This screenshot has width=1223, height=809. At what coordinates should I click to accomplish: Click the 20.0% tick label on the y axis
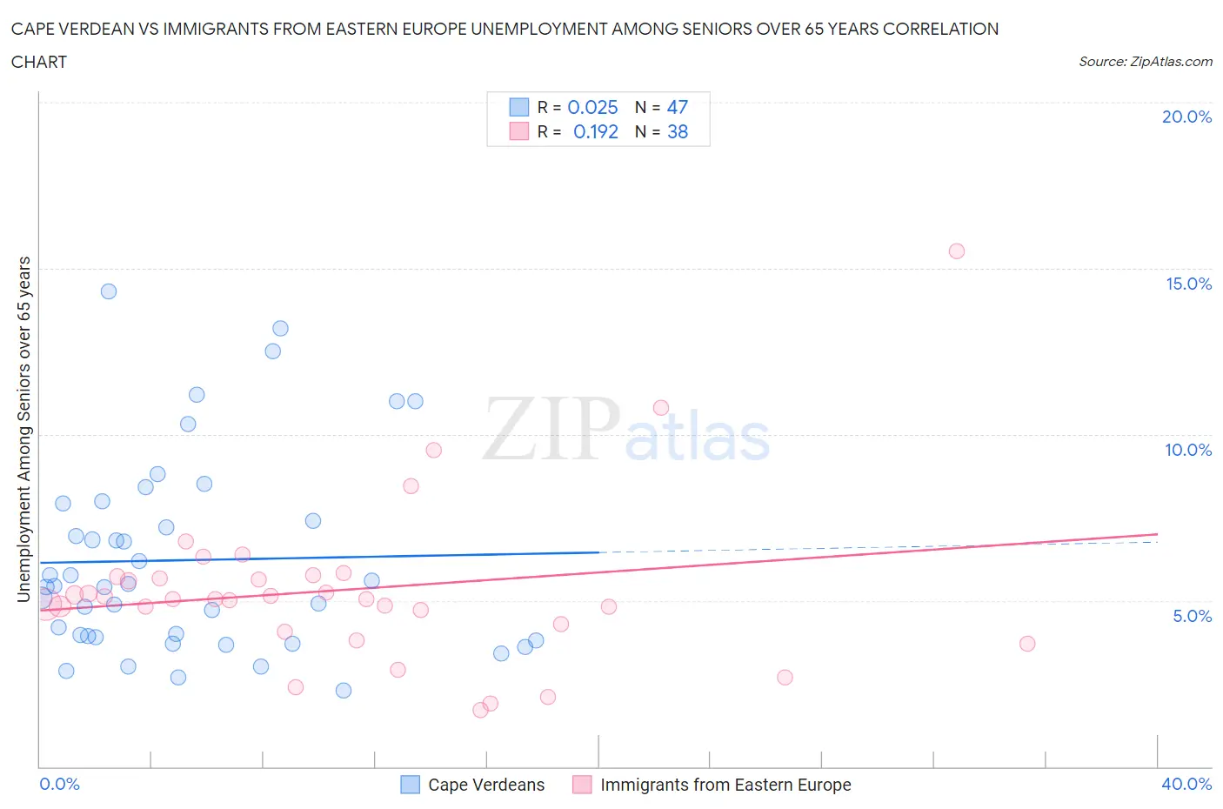click(1186, 117)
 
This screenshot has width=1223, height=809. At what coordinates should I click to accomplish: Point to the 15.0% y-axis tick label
click(1188, 284)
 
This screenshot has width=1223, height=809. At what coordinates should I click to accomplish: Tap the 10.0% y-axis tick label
click(1188, 450)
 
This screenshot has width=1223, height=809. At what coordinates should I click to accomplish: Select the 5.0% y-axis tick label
click(1192, 616)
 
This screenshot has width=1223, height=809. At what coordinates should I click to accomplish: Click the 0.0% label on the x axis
click(59, 784)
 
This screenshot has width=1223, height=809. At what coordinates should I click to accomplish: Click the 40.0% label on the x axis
click(1186, 784)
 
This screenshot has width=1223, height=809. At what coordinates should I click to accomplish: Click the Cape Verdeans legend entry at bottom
click(485, 785)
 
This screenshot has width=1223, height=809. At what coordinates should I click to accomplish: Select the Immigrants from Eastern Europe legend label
click(725, 785)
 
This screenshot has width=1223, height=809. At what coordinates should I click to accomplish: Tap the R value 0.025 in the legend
click(592, 107)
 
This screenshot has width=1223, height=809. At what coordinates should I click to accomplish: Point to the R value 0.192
click(595, 131)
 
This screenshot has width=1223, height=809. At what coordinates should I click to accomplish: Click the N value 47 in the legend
click(677, 107)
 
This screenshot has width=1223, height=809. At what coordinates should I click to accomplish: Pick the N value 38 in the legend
click(677, 131)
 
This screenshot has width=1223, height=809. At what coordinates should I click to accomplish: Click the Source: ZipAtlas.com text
click(1145, 61)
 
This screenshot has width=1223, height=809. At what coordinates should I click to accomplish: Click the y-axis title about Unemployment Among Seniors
click(23, 429)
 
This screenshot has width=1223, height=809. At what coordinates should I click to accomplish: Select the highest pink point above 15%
click(956, 251)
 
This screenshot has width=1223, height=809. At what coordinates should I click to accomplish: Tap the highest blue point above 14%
click(109, 291)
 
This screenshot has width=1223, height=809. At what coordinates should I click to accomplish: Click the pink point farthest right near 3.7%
click(1027, 644)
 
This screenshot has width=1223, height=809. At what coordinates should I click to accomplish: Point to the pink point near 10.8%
click(661, 408)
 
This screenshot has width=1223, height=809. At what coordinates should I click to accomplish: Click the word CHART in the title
click(39, 62)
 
